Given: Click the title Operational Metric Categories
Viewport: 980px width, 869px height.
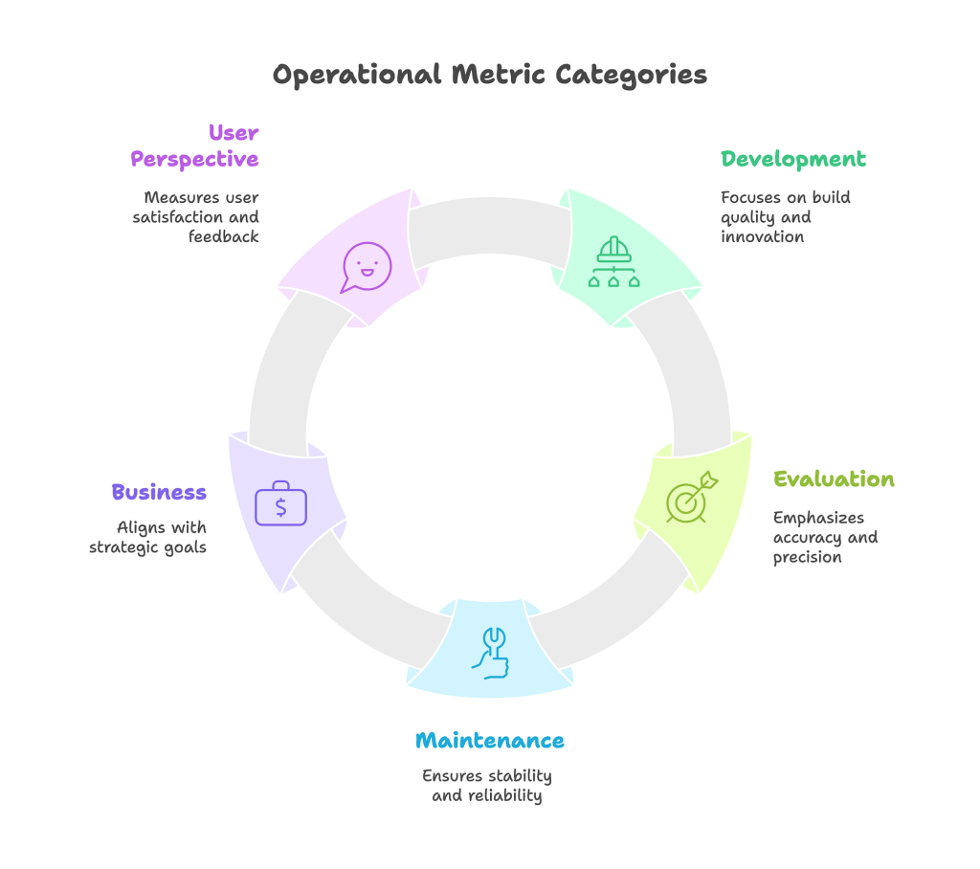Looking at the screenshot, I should (489, 75).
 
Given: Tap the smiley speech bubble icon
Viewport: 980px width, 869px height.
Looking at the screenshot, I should (367, 267).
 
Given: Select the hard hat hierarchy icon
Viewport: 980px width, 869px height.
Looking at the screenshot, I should (612, 262).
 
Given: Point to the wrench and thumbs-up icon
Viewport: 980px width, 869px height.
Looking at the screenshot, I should (490, 653).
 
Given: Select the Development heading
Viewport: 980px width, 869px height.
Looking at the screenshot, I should (793, 159).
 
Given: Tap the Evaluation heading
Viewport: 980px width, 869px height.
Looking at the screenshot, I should (834, 479).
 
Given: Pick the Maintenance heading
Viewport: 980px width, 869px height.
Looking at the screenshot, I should (489, 741).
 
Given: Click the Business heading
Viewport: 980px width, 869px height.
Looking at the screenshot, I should (159, 492).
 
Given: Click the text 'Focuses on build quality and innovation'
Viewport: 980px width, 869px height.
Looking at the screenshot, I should (786, 216).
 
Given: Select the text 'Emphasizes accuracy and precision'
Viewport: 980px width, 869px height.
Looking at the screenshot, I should (825, 537).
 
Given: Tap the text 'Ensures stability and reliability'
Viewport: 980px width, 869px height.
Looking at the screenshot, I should (487, 785).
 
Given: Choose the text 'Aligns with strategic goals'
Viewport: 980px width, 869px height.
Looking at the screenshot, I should (148, 537).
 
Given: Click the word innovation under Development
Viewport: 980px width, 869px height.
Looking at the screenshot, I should (763, 236).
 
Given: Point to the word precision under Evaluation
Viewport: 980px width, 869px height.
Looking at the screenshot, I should (808, 557).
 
